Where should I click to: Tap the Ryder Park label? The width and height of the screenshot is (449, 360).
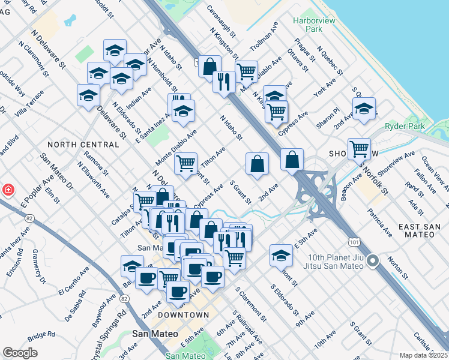(405, 126)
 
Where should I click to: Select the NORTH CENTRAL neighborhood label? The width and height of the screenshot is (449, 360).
(83, 145)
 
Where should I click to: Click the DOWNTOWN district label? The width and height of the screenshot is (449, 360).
(184, 315)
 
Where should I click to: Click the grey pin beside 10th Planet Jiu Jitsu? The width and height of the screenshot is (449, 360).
(373, 260)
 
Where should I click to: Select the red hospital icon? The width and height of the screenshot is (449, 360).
(8, 190)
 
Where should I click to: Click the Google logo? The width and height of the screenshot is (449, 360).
(20, 353)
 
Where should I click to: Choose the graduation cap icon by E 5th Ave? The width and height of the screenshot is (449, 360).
(281, 255)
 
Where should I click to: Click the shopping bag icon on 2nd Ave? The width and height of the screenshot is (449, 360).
(257, 163)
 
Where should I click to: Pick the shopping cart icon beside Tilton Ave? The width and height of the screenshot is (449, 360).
(186, 162)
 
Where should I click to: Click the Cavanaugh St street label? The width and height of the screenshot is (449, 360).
(219, 17)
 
